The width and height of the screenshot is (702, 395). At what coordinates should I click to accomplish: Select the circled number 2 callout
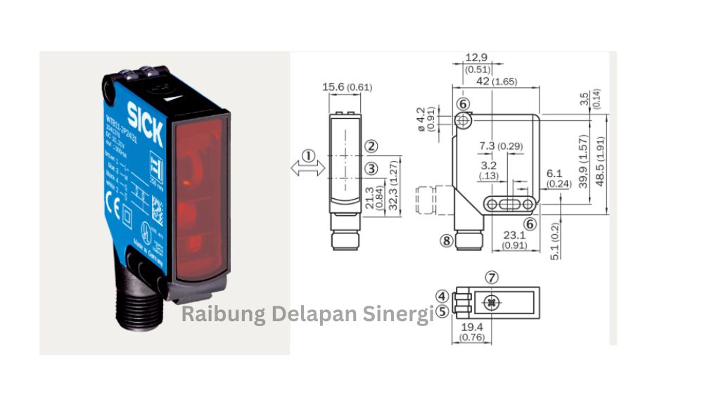tap(371, 147)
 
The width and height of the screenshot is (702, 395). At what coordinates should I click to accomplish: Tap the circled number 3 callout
tap(371, 169)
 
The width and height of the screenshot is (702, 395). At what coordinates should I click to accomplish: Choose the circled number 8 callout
tap(446, 240)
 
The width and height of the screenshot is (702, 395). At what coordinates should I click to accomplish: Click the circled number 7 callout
tap(492, 278)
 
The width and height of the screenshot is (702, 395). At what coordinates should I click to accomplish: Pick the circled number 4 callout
tap(442, 296)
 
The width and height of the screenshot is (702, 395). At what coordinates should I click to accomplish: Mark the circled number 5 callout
tap(442, 310)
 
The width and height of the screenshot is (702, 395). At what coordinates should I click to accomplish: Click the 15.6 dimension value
tap(335, 87)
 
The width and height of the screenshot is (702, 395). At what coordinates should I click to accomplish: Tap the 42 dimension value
tap(483, 82)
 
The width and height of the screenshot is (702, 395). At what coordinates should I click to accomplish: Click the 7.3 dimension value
tap(487, 145)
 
